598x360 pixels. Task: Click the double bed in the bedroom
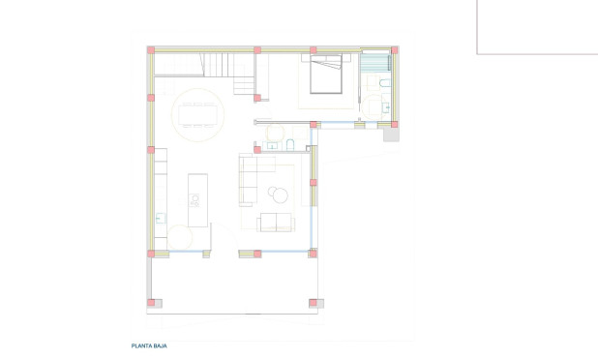(325, 74)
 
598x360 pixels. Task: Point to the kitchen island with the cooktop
(197, 199)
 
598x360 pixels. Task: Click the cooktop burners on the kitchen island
(195, 200)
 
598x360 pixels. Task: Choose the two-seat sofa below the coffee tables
(275, 223)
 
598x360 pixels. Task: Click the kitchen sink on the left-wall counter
(160, 218)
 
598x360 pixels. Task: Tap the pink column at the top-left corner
(150, 49)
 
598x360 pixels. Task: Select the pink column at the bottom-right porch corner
(313, 303)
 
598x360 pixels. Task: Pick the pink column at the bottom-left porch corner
(151, 303)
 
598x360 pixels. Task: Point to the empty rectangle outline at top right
(537, 27)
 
